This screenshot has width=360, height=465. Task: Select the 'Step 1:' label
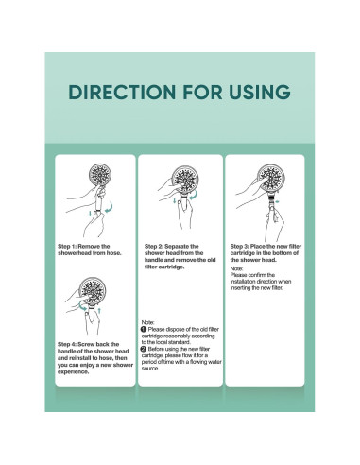click(x=69, y=245)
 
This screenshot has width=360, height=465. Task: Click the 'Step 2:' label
click(x=156, y=245)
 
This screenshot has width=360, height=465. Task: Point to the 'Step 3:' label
click(x=243, y=245)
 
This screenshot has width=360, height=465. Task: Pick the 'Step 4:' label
click(x=69, y=343)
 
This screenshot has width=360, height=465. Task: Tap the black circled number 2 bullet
click(x=144, y=349)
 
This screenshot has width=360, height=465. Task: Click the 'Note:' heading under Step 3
click(x=236, y=268)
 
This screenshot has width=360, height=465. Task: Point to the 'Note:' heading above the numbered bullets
click(x=147, y=322)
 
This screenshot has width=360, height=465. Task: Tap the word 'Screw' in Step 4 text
click(x=93, y=343)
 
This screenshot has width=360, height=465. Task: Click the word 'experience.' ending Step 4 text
click(x=76, y=371)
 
